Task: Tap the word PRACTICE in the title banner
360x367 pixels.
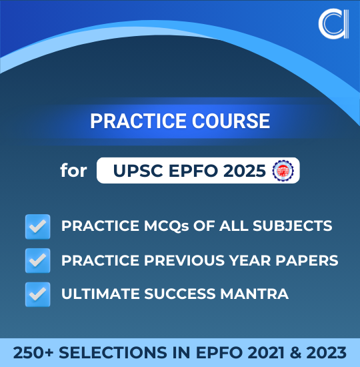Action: [x=132, y=121]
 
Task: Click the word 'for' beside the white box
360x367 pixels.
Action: [x=73, y=170]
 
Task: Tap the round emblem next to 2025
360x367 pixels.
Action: [x=284, y=170]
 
